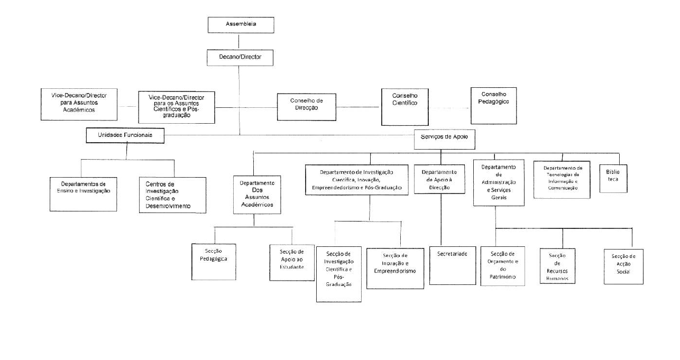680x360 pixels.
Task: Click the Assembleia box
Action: click(241, 25)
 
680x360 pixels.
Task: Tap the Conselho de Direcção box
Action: click(307, 104)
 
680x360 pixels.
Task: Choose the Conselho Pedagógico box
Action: click(493, 105)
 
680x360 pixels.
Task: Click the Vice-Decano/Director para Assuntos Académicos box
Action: click(78, 104)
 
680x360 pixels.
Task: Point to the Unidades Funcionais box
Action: click(125, 135)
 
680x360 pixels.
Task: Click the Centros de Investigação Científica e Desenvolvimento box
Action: click(172, 195)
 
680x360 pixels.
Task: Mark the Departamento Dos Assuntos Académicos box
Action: click(257, 193)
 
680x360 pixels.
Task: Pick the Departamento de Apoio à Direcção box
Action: click(439, 180)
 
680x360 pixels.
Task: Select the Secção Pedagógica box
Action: click(214, 261)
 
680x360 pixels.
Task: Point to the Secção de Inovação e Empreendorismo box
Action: click(395, 268)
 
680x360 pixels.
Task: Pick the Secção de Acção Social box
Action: click(623, 266)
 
